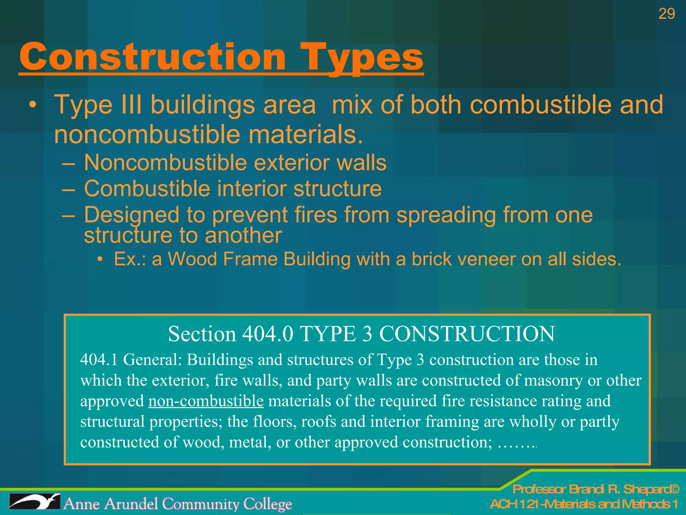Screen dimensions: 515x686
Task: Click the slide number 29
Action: (666, 14)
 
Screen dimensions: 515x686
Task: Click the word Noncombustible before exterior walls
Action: (165, 163)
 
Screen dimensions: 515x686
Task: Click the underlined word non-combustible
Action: (206, 401)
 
